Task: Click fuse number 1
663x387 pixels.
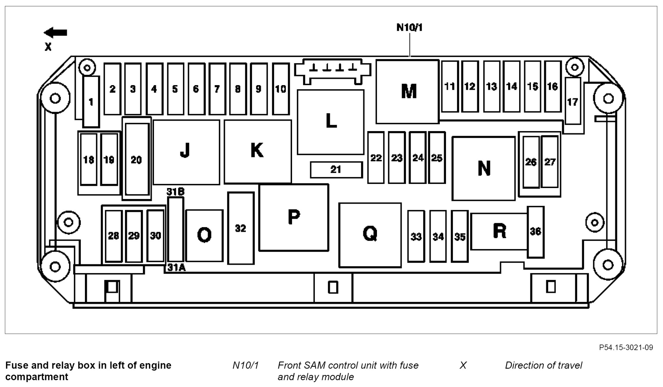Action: click(x=91, y=101)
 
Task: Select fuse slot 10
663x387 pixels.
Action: click(x=281, y=89)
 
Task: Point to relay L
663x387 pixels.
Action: click(x=331, y=122)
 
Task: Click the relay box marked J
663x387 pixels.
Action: click(x=186, y=152)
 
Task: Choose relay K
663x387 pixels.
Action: click(x=258, y=151)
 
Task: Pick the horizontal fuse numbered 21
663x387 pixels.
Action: click(x=336, y=170)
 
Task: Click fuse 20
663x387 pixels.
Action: click(x=137, y=160)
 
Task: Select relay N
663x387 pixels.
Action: click(x=483, y=168)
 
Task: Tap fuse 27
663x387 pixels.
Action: click(x=550, y=162)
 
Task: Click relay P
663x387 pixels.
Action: click(x=294, y=217)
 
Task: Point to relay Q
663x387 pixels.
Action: click(x=370, y=235)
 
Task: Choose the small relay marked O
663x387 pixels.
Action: click(x=204, y=235)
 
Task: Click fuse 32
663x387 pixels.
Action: click(x=241, y=228)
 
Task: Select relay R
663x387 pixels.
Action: click(x=500, y=231)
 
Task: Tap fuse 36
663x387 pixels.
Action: click(x=536, y=232)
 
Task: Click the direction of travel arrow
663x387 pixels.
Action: click(x=56, y=32)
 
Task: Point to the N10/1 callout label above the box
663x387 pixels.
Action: click(x=409, y=28)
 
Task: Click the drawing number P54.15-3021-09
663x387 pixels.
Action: click(x=626, y=348)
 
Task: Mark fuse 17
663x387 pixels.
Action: click(x=573, y=101)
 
